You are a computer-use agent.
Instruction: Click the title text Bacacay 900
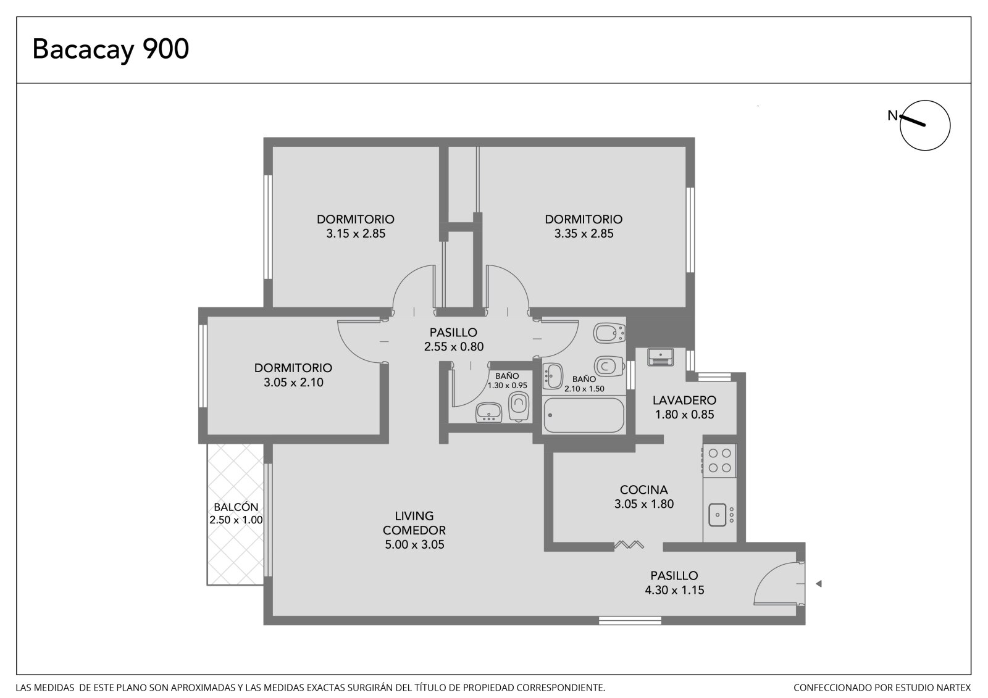(x=111, y=49)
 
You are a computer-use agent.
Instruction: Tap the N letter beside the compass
(x=893, y=115)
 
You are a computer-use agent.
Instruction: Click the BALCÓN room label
(x=236, y=507)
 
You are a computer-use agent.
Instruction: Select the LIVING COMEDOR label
(x=414, y=523)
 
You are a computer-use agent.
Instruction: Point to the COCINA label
(x=643, y=490)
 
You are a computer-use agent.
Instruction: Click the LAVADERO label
(x=685, y=401)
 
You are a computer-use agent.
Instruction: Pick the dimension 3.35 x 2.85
(x=584, y=234)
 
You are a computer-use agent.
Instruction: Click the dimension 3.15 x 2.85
(x=356, y=234)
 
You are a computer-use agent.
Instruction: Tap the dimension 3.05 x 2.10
(x=293, y=382)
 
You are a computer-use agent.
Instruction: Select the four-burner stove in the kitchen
(x=719, y=460)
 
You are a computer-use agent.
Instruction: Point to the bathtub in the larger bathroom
(x=584, y=415)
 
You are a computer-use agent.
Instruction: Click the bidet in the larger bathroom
(x=609, y=333)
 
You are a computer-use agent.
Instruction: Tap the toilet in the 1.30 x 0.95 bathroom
(x=519, y=406)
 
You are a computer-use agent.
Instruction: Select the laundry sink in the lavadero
(x=660, y=357)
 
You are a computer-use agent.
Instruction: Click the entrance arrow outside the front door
(x=819, y=584)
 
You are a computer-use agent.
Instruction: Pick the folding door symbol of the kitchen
(x=629, y=545)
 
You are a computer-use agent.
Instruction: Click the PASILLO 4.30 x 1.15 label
(x=674, y=583)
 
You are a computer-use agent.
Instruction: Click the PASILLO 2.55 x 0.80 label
(x=453, y=339)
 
